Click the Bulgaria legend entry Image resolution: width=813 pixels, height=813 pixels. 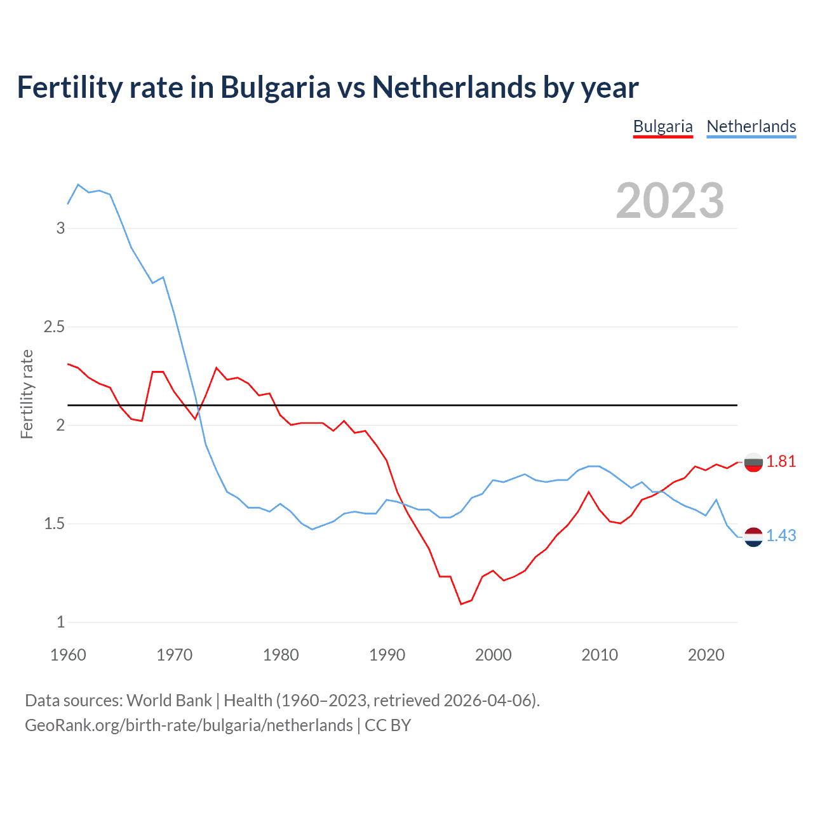[662, 126]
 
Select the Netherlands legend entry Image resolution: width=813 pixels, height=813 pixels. [751, 126]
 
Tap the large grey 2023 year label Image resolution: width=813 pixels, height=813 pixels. [670, 201]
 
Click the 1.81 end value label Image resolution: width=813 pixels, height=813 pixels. [781, 462]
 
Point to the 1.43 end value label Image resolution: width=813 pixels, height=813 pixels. [781, 536]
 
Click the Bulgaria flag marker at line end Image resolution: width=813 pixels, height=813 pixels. [753, 463]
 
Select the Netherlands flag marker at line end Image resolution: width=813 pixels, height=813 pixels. [753, 537]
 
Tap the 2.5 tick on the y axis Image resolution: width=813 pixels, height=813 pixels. [54, 327]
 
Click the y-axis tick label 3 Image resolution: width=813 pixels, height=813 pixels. [60, 229]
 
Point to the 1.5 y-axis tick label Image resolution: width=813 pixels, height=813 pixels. [54, 524]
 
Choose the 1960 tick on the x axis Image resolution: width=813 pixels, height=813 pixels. [68, 655]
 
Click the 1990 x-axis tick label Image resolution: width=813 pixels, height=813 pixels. [387, 655]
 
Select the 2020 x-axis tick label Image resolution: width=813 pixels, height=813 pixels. [706, 655]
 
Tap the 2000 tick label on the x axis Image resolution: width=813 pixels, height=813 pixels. [493, 655]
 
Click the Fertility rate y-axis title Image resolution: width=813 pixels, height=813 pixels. [27, 394]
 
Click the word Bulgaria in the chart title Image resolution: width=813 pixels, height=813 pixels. [275, 88]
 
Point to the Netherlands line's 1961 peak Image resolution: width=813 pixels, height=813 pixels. [78, 185]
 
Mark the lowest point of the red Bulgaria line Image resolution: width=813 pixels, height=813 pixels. [461, 604]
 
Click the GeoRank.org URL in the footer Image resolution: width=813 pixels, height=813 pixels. [189, 725]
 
